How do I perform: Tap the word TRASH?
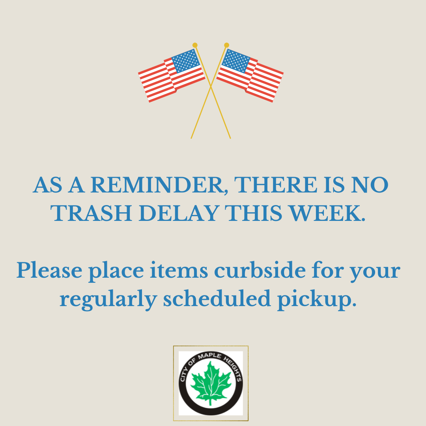tap(92, 213)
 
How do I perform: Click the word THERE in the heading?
tap(275, 185)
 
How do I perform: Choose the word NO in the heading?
tap(370, 185)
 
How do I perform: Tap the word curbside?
tap(260, 270)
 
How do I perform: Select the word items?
tap(179, 270)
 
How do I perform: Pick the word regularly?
tap(108, 299)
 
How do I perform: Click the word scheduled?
tap(217, 298)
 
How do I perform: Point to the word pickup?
tap(317, 299)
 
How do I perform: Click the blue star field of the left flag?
tap(186, 61)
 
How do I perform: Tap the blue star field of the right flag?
tap(235, 61)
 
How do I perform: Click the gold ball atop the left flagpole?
tap(195, 45)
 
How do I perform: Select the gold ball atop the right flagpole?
tap(226, 45)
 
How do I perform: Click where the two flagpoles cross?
tap(211, 86)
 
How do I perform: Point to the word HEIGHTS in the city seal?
tap(233, 368)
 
